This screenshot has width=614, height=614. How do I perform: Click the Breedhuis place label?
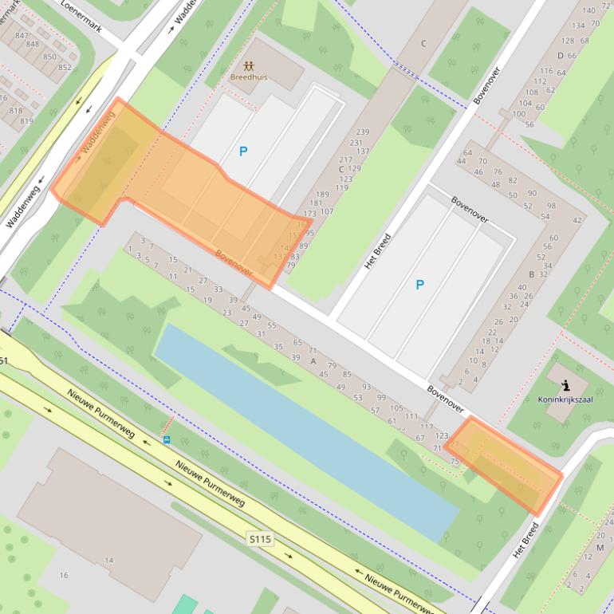click(x=249, y=78)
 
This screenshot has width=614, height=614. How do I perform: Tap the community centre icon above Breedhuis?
click(x=249, y=65)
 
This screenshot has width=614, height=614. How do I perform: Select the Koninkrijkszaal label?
click(x=565, y=399)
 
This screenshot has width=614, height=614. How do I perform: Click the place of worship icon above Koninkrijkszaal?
click(x=565, y=386)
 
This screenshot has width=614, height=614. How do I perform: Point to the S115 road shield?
click(x=259, y=539)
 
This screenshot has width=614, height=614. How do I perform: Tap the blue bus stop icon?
click(x=167, y=439)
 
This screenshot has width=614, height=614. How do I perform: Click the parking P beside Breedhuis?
click(x=243, y=151)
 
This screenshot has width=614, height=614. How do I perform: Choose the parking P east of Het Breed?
click(x=419, y=285)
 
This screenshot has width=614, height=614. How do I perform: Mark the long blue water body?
click(x=303, y=431)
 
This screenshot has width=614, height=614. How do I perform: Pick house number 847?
click(x=22, y=35)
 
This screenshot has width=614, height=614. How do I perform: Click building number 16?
click(x=64, y=575)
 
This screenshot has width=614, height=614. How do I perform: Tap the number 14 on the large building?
click(x=109, y=561)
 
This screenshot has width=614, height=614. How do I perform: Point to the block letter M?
click(x=600, y=548)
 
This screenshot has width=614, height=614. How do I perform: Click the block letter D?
click(x=561, y=55)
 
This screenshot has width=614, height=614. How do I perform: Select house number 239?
click(x=363, y=132)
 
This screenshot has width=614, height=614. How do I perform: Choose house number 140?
click(x=588, y=10)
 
